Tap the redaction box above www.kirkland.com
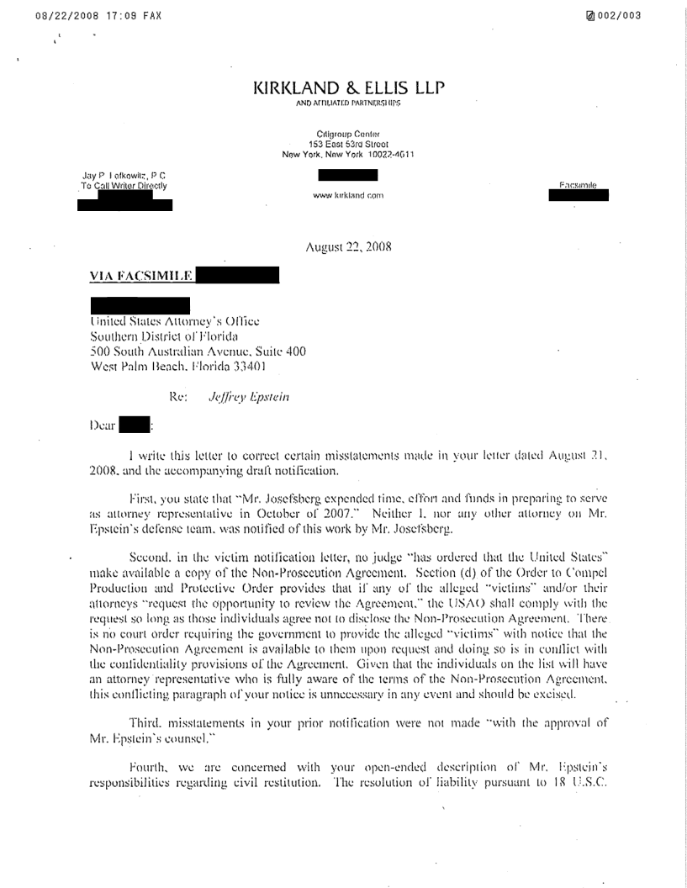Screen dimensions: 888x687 (347, 176)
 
